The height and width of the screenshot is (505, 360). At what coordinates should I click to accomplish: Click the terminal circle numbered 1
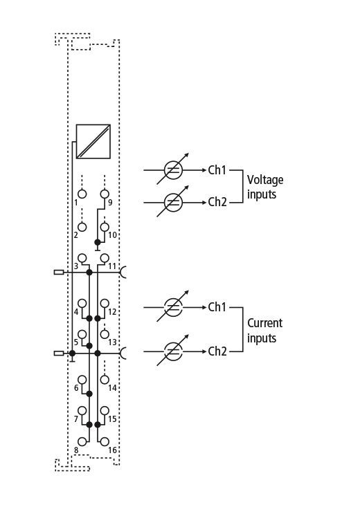pyautogui.click(x=82, y=194)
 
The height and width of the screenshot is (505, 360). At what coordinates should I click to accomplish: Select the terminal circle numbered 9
pyautogui.click(x=105, y=194)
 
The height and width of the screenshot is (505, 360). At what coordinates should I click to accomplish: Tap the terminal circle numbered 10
pyautogui.click(x=105, y=227)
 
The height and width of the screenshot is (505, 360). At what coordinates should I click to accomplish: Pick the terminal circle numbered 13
pyautogui.click(x=105, y=334)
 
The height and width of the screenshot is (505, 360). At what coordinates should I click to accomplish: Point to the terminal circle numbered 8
pyautogui.click(x=82, y=441)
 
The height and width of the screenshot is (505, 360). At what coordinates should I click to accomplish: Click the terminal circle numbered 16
pyautogui.click(x=105, y=441)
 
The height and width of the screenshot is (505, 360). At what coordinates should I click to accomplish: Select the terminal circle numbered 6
pyautogui.click(x=82, y=380)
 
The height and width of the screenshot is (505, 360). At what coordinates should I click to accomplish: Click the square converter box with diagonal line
pyautogui.click(x=93, y=141)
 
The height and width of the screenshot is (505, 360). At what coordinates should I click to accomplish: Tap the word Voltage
pyautogui.click(x=265, y=180)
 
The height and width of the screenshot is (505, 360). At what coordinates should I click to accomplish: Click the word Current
pyautogui.click(x=265, y=323)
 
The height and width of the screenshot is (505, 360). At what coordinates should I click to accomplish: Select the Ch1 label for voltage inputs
pyautogui.click(x=217, y=170)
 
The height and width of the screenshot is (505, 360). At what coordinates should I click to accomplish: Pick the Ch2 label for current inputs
pyautogui.click(x=217, y=351)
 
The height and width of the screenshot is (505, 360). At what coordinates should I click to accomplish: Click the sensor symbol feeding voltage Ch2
pyautogui.click(x=173, y=202)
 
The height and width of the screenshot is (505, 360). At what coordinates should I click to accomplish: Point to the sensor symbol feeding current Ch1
pyautogui.click(x=173, y=307)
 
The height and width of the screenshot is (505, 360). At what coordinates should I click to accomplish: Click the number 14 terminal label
pyautogui.click(x=112, y=388)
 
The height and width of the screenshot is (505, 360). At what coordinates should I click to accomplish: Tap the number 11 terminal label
pyautogui.click(x=112, y=266)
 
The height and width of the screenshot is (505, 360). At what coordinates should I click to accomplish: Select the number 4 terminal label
pyautogui.click(x=76, y=312)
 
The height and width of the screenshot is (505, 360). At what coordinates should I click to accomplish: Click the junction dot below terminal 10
pyautogui.click(x=98, y=242)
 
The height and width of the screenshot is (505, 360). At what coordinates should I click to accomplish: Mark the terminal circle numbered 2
pyautogui.click(x=82, y=227)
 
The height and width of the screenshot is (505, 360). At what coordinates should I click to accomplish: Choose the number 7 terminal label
pyautogui.click(x=76, y=419)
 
